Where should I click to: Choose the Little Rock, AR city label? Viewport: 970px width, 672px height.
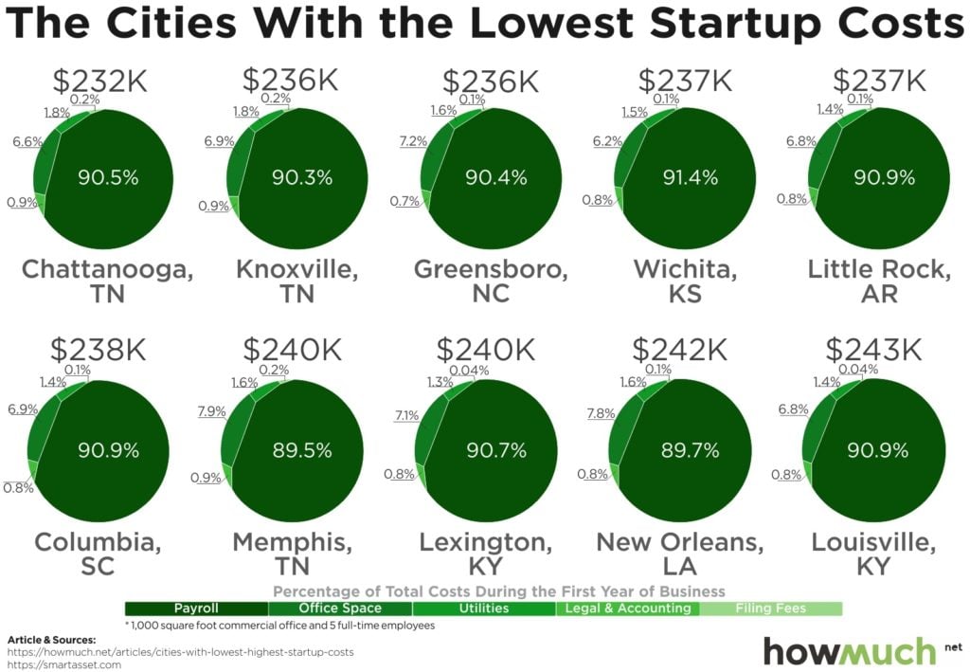(880, 281)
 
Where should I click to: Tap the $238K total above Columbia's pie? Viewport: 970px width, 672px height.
(99, 351)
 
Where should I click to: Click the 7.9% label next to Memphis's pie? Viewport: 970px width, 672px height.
(211, 410)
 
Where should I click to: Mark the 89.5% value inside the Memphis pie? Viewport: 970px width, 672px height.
(299, 450)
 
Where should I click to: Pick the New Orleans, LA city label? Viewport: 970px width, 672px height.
(679, 554)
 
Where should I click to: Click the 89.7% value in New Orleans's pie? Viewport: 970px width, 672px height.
(689, 450)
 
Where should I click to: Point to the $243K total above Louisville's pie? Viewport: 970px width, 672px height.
(872, 351)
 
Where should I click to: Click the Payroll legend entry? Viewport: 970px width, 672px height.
(197, 608)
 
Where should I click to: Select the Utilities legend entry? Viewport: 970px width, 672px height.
(484, 608)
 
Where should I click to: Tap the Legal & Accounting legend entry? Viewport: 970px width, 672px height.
(627, 608)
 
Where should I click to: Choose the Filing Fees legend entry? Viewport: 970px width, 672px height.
(770, 608)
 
